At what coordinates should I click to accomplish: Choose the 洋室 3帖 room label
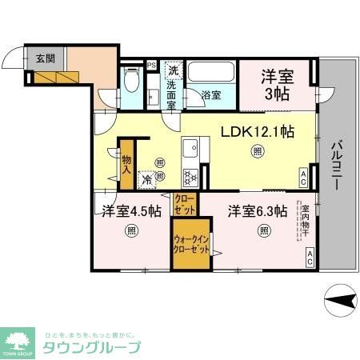tap(280, 84)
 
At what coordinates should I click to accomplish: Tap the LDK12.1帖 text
tap(255, 130)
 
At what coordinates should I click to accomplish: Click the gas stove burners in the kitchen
tap(190, 178)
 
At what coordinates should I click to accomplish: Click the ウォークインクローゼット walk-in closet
tap(192, 242)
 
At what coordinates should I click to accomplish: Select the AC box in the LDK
tap(303, 176)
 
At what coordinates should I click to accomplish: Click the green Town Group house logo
tap(20, 339)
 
